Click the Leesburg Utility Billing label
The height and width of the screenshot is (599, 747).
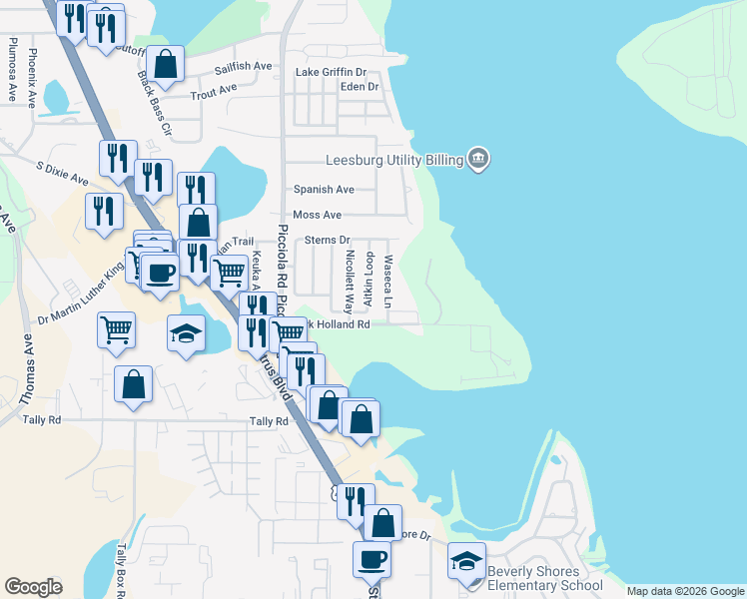tap(393, 160)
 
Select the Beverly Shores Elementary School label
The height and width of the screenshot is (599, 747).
tap(545, 579)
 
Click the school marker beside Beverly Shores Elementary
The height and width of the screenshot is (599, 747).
tap(466, 561)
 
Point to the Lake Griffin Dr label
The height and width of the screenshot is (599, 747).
tap(333, 72)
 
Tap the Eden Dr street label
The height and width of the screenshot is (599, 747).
tap(360, 87)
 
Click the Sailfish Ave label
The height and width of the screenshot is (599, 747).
tap(244, 66)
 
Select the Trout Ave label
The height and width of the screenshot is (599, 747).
tap(214, 89)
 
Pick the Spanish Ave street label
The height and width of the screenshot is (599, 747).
tap(324, 189)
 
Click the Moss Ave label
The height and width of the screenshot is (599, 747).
tap(318, 215)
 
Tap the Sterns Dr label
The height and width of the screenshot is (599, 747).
tap(328, 240)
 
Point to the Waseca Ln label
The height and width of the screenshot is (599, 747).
tap(388, 280)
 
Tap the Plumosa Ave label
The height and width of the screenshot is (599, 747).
tap(12, 69)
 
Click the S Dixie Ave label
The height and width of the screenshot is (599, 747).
tap(62, 173)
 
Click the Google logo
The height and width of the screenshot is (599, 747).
tap(33, 586)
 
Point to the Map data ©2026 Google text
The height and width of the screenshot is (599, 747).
tap(685, 591)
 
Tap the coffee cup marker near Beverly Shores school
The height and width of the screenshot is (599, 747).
tap(372, 559)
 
